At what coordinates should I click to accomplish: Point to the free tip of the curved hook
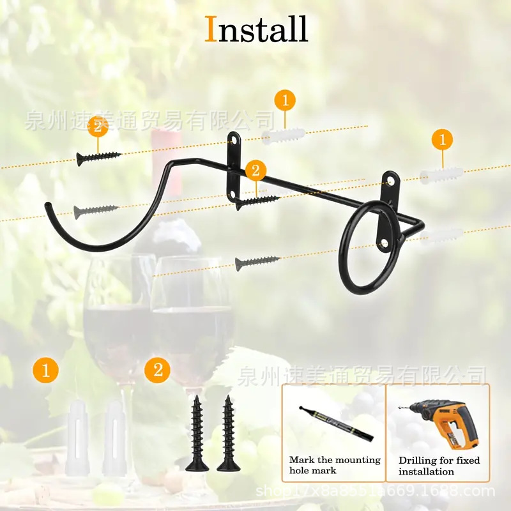click(x=47, y=206)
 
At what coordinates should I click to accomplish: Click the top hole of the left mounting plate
click(x=235, y=138)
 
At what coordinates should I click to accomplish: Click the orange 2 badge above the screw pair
click(x=158, y=370)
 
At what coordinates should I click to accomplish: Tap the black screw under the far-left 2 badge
click(x=98, y=156)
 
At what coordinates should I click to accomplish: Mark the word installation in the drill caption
click(x=427, y=472)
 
